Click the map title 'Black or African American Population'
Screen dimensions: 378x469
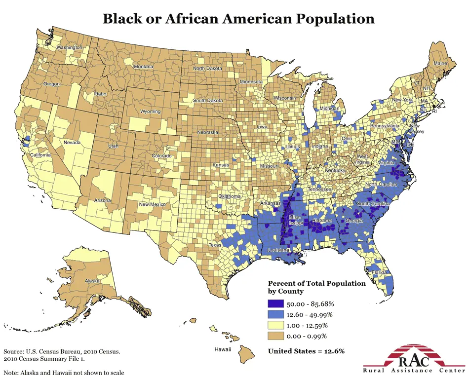click(x=238, y=19)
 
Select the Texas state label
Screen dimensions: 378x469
click(x=215, y=245)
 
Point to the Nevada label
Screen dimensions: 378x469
click(x=72, y=143)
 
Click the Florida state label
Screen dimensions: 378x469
click(x=379, y=272)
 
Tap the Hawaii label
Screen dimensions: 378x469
click(x=222, y=349)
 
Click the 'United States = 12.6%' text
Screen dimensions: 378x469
click(x=306, y=351)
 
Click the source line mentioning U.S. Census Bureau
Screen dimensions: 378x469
click(x=62, y=351)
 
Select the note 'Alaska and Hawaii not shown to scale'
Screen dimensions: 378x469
click(x=64, y=372)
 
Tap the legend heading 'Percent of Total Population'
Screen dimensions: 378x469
click(x=316, y=284)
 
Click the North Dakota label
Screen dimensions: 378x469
click(x=207, y=68)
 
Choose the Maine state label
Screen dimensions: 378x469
click(x=440, y=64)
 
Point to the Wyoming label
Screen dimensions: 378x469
click(x=150, y=112)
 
